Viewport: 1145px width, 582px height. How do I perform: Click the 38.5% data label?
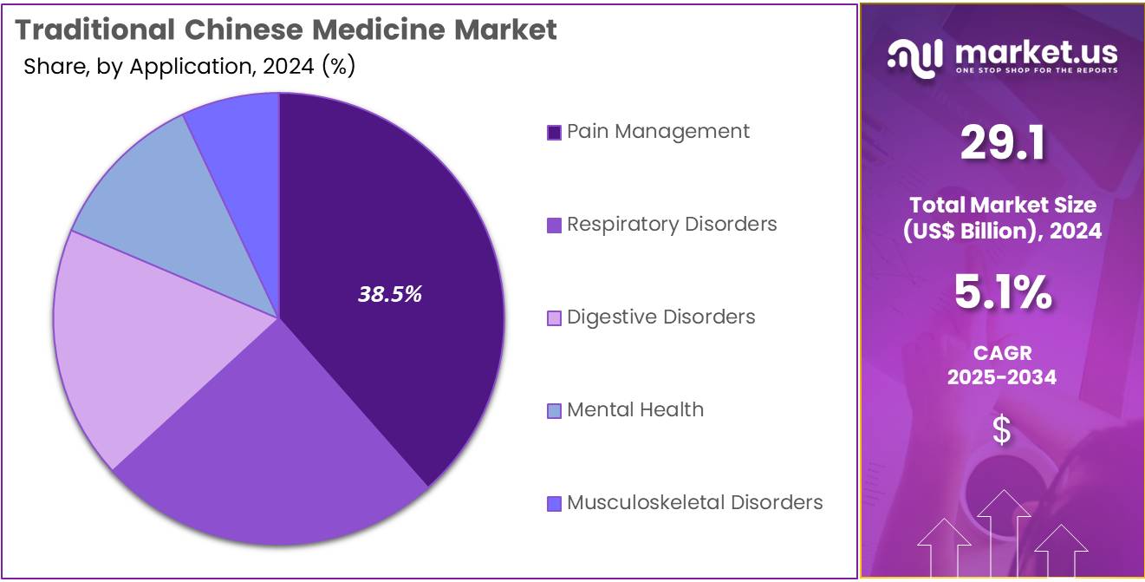tap(390, 294)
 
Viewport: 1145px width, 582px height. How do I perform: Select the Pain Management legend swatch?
tap(554, 133)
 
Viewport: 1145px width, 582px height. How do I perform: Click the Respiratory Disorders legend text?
tap(672, 224)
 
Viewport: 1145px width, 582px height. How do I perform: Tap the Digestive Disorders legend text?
tap(661, 317)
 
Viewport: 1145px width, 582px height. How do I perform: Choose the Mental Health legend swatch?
tap(554, 410)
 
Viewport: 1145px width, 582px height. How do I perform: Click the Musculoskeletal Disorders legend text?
tap(695, 502)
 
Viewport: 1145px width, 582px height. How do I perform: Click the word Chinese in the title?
tap(244, 29)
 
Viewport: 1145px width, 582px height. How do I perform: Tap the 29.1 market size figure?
tap(1002, 143)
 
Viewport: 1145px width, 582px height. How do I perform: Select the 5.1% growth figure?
tap(1003, 292)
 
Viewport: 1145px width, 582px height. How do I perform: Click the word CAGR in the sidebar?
tap(1002, 353)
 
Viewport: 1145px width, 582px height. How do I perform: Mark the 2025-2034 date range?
tap(1002, 377)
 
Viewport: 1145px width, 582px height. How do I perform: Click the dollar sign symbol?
tap(1001, 429)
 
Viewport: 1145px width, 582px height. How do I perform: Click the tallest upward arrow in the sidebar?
tap(1004, 533)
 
